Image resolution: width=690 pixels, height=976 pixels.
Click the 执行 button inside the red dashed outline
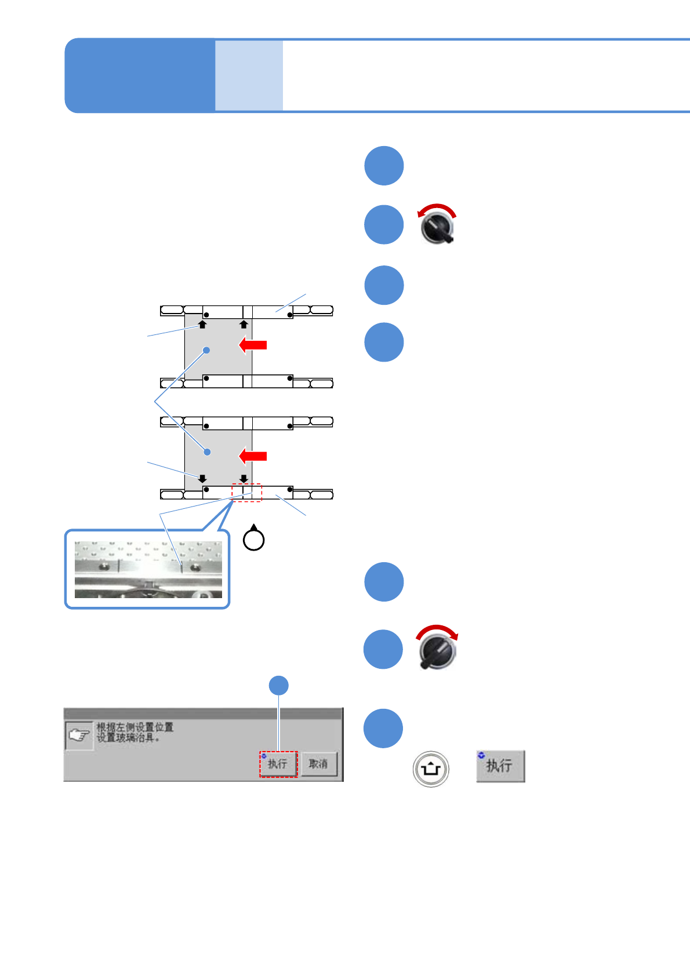(x=278, y=764)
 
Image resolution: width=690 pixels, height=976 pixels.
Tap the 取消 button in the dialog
(x=318, y=764)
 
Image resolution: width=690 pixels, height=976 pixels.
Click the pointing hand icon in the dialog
(x=79, y=735)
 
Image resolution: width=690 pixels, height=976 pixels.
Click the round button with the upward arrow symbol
(x=431, y=769)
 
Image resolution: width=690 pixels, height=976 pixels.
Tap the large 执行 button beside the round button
(x=500, y=766)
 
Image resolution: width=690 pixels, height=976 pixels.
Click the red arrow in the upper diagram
(x=253, y=345)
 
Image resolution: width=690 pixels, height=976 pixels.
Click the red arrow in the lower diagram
(x=253, y=456)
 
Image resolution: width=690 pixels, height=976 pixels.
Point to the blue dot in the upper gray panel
(x=206, y=350)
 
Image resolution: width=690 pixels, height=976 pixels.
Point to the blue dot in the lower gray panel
(x=207, y=451)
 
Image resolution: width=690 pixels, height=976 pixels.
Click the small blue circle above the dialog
(x=279, y=686)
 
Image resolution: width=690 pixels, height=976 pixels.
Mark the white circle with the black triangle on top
(x=253, y=538)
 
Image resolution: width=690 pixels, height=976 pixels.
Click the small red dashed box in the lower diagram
(x=247, y=492)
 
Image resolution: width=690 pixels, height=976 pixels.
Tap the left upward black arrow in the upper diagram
(x=202, y=324)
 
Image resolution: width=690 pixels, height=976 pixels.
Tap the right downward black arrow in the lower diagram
(x=244, y=479)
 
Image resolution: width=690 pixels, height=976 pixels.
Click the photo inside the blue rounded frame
(x=148, y=570)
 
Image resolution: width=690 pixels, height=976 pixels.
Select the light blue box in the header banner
(x=249, y=75)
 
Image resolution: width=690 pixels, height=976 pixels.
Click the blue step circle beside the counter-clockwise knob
(x=384, y=225)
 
